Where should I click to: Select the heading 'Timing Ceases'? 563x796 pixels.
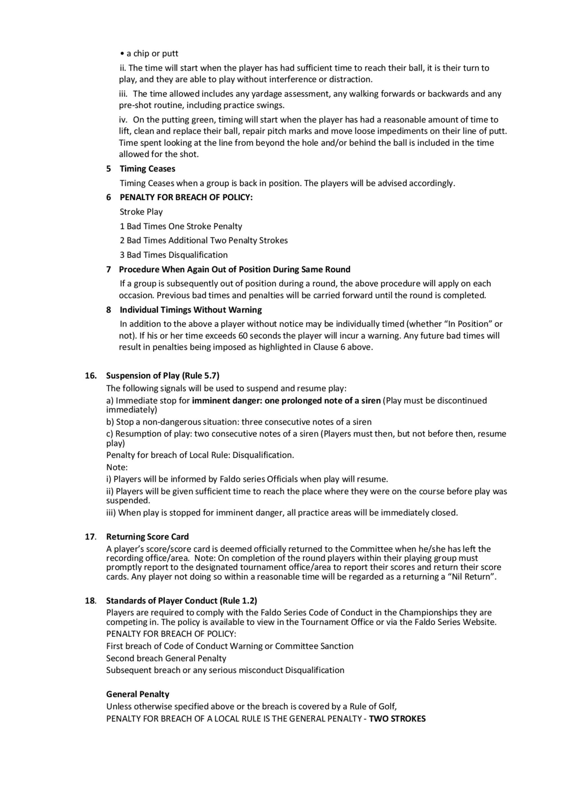point(148,169)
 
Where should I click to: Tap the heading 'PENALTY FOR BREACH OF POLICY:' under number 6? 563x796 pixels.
point(186,197)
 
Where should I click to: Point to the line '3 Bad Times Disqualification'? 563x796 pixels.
point(173,255)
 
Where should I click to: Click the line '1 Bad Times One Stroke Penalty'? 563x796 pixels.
point(181,227)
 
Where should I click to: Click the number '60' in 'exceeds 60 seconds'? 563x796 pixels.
point(243,336)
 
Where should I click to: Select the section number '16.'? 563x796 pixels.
point(91,376)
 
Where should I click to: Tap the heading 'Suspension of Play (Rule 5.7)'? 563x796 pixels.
point(163,376)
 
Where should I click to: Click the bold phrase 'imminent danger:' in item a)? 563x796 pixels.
point(227,400)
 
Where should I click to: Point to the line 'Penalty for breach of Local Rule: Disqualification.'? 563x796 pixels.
point(200,455)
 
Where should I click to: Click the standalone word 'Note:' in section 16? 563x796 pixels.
point(117,467)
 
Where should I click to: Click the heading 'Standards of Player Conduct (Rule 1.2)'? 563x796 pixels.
point(181,600)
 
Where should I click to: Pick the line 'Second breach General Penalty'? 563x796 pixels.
point(166,658)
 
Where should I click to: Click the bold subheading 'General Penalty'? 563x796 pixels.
point(138,694)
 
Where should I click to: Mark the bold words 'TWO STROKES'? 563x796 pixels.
point(397,719)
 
